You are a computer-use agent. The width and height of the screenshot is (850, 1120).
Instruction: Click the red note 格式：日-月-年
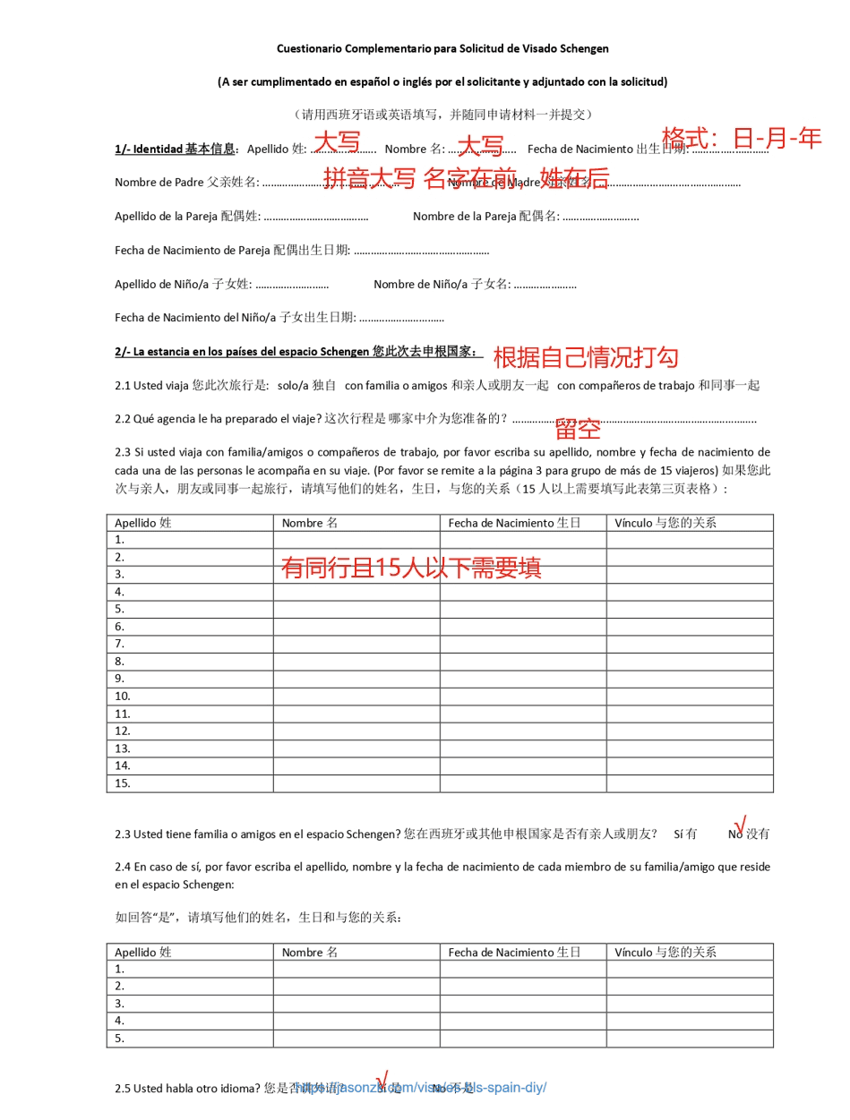pos(741,138)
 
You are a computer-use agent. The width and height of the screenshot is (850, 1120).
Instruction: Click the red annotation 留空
pos(577,428)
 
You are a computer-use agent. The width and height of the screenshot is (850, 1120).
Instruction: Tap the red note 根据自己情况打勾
pos(586,357)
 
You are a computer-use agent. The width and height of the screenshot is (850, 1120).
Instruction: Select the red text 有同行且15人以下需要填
pos(411,567)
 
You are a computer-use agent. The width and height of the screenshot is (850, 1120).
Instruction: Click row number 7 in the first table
pos(120,644)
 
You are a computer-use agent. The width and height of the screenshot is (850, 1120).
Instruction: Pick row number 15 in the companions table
pos(123,783)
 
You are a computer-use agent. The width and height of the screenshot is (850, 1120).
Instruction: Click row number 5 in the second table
pos(120,1039)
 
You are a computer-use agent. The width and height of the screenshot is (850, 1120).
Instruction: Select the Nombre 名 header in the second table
pos(309,953)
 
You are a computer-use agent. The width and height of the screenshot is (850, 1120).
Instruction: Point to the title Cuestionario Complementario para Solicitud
pos(442,48)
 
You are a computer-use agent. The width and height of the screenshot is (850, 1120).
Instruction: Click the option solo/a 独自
pos(307,385)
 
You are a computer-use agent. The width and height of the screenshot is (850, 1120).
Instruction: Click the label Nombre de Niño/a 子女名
pos(442,284)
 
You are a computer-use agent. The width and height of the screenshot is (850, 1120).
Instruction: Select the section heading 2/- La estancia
pos(297,351)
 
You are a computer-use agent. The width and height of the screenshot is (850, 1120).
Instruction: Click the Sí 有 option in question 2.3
pos(685,834)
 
